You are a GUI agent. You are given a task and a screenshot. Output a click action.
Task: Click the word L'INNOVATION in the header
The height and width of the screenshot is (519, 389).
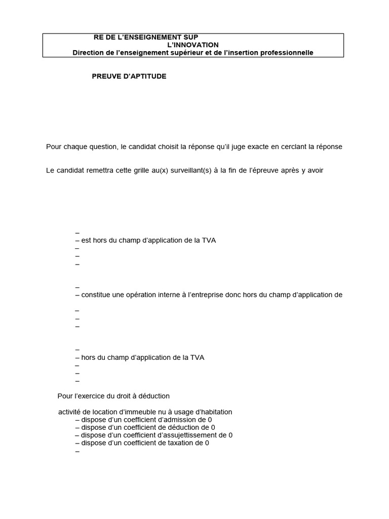pos(193,45)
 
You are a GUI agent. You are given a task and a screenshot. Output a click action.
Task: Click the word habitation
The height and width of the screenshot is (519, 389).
pos(210,412)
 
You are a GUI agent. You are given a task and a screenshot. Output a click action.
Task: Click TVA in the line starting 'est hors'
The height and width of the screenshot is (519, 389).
pos(209,240)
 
